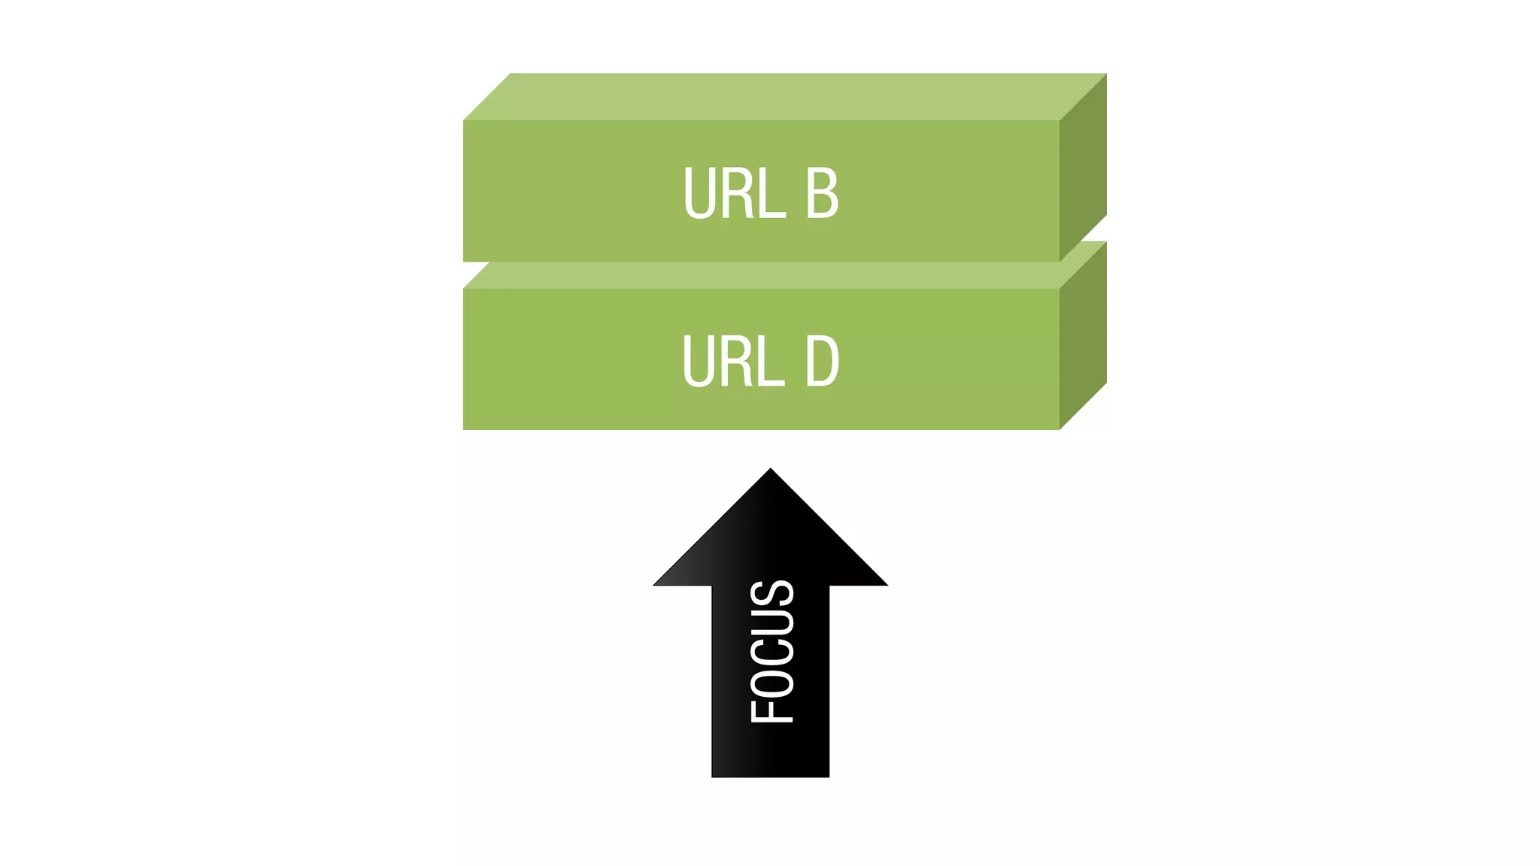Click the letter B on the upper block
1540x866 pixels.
pos(822,193)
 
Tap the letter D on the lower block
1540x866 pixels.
pos(822,362)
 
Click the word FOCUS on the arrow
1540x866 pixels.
pos(772,651)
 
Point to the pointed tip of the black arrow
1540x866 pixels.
pos(771,471)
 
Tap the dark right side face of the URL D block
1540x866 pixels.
pos(1083,335)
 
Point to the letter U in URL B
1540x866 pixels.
pos(699,193)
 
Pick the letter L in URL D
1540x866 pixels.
pos(772,362)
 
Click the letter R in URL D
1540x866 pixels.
pos(738,362)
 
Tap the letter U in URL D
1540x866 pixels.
pos(699,362)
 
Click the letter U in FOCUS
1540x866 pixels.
pos(772,622)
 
